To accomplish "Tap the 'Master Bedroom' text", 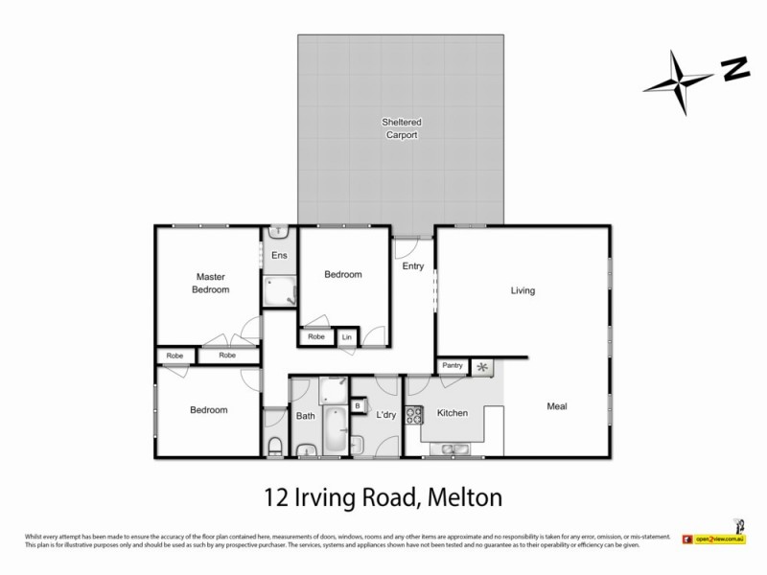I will click(210, 283).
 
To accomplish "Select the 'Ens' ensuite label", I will click(279, 256).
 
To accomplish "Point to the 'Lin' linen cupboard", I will click(346, 337).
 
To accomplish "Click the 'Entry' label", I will click(413, 266).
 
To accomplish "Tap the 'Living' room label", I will click(522, 290).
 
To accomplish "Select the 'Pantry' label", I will click(452, 366).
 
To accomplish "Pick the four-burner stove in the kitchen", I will click(415, 416).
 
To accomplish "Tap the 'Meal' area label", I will click(557, 406).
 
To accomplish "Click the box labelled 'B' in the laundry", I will click(358, 406).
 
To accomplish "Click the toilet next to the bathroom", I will click(273, 446).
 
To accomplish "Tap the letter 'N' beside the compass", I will click(734, 68).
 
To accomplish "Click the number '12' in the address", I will click(276, 497).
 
